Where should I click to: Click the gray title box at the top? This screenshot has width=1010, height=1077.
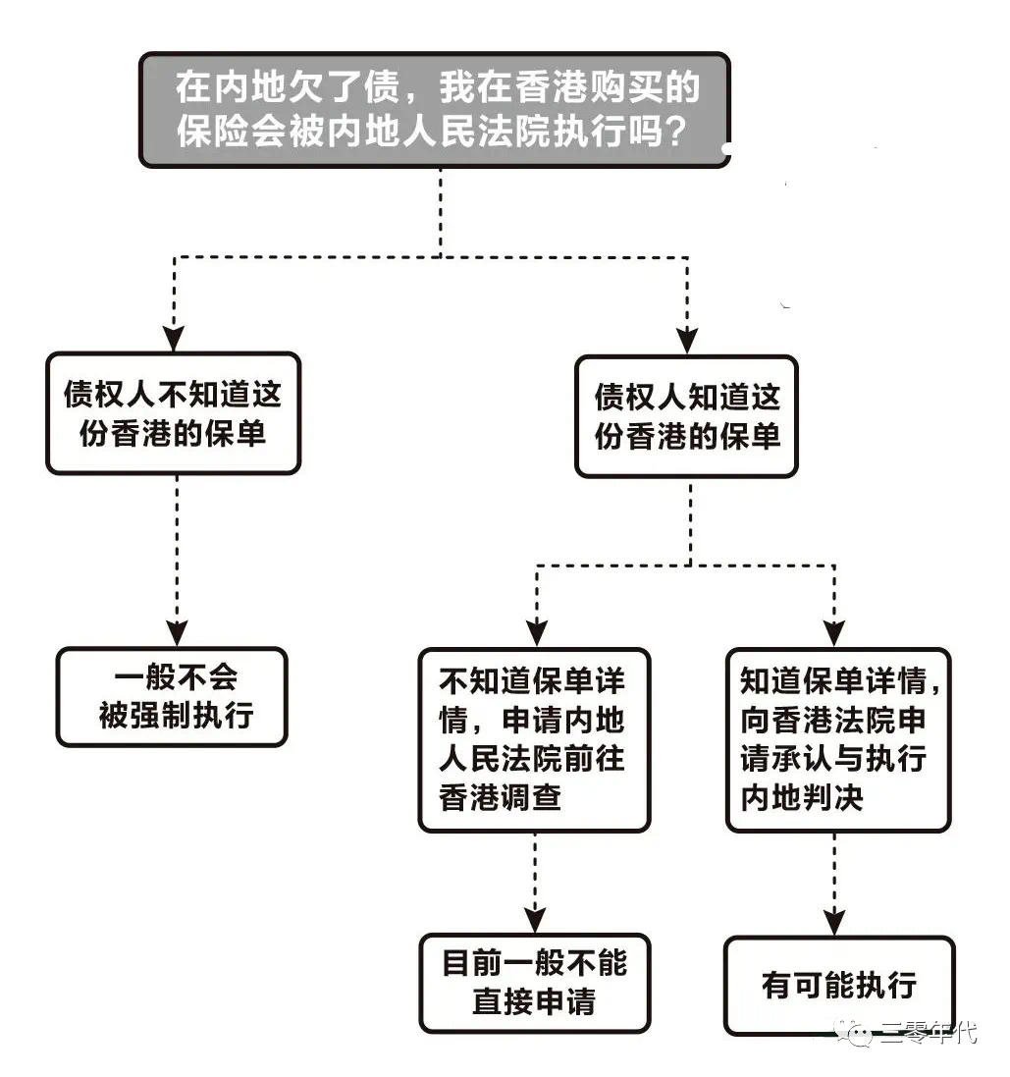tap(435, 109)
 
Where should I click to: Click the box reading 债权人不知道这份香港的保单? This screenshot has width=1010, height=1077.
tap(173, 413)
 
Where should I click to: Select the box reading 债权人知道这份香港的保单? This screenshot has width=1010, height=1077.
tap(686, 416)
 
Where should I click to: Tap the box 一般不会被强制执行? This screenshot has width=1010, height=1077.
tap(173, 697)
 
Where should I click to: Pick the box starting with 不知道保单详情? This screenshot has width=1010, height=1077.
tap(534, 739)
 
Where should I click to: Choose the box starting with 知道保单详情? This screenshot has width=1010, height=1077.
tap(837, 739)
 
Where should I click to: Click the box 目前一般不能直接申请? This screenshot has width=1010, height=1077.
tap(534, 983)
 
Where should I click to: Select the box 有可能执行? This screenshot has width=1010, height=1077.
tap(838, 985)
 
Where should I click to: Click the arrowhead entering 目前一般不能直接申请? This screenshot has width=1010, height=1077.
tap(535, 920)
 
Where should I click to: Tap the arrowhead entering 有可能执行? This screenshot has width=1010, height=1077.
tap(834, 923)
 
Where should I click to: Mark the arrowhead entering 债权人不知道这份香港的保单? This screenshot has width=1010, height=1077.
tap(174, 340)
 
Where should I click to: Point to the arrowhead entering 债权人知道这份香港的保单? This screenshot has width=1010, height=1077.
tap(687, 341)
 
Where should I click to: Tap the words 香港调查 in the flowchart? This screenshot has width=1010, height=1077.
tap(501, 797)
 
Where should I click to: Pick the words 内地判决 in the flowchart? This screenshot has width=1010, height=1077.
tap(802, 797)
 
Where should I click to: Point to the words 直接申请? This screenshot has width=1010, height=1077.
tap(533, 1000)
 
